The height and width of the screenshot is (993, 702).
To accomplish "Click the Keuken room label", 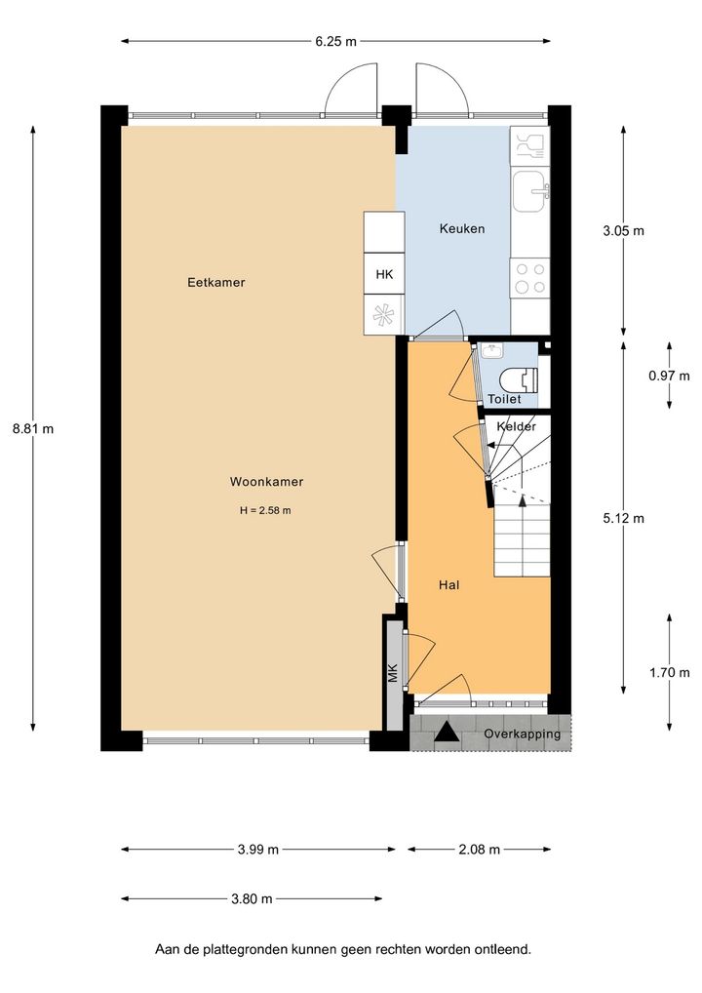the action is pyautogui.click(x=462, y=228).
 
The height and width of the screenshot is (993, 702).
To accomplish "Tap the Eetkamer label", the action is pyautogui.click(x=215, y=283).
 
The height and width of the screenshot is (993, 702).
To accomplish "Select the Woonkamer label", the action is pyautogui.click(x=266, y=481).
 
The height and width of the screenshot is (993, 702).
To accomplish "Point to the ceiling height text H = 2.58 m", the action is pyautogui.click(x=265, y=510).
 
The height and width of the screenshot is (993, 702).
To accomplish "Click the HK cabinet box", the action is pyautogui.click(x=384, y=274).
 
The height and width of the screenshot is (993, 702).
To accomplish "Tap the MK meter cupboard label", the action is pyautogui.click(x=394, y=672).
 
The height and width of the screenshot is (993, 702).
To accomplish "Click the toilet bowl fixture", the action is pyautogui.click(x=519, y=380).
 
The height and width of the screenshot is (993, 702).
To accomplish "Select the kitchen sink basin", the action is pyautogui.click(x=530, y=191).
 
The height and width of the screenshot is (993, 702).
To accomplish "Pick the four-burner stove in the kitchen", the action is pyautogui.click(x=529, y=278).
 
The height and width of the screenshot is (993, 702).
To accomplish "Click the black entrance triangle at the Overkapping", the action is pyautogui.click(x=447, y=733).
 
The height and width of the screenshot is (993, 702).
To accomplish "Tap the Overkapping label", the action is pyautogui.click(x=523, y=734).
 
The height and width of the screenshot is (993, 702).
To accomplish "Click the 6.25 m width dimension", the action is pyautogui.click(x=335, y=42).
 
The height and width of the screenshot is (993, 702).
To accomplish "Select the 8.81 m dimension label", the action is pyautogui.click(x=33, y=428).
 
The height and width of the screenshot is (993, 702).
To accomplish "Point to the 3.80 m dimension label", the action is pyautogui.click(x=252, y=898).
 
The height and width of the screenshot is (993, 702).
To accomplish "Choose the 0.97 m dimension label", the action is pyautogui.click(x=669, y=376).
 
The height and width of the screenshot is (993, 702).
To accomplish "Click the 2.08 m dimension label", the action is pyautogui.click(x=479, y=850).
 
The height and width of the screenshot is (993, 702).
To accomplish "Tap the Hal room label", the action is pyautogui.click(x=448, y=585).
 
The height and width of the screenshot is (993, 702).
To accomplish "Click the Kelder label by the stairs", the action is pyautogui.click(x=517, y=426).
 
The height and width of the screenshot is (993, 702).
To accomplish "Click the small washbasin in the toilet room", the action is pyautogui.click(x=490, y=350).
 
